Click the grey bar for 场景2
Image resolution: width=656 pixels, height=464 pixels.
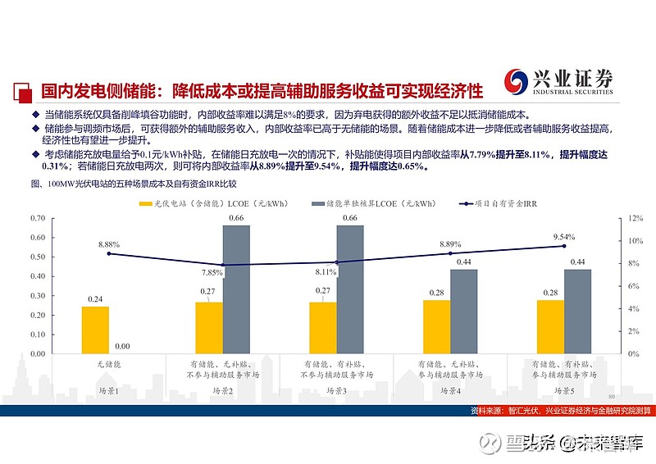tap(236, 289)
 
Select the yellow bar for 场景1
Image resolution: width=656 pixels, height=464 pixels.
tap(95, 330)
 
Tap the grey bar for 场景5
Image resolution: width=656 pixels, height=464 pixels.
tap(577, 311)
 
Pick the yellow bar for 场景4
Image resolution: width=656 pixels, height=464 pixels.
tap(436, 326)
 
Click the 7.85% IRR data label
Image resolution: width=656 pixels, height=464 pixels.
tap(212, 272)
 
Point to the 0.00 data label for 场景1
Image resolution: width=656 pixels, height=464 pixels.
tap(123, 347)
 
